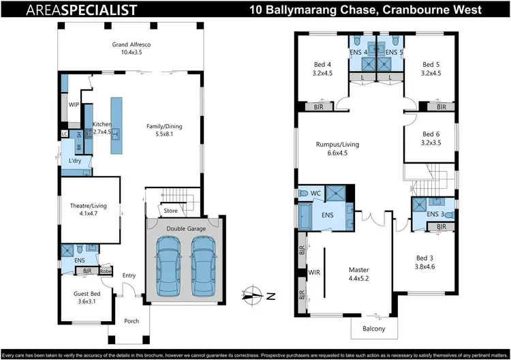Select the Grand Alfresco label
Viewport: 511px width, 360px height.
point(131,48)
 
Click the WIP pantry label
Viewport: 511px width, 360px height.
point(74,105)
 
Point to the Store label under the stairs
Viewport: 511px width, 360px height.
point(170,211)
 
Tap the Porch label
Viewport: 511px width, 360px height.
point(131,320)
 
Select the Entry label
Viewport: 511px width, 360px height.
point(129,275)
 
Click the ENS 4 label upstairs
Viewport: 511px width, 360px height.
point(359,52)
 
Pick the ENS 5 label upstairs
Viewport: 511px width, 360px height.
point(394,52)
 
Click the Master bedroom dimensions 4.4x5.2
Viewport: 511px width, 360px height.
point(358,278)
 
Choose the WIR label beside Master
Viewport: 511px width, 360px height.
point(314,272)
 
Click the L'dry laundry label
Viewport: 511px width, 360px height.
point(75,161)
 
